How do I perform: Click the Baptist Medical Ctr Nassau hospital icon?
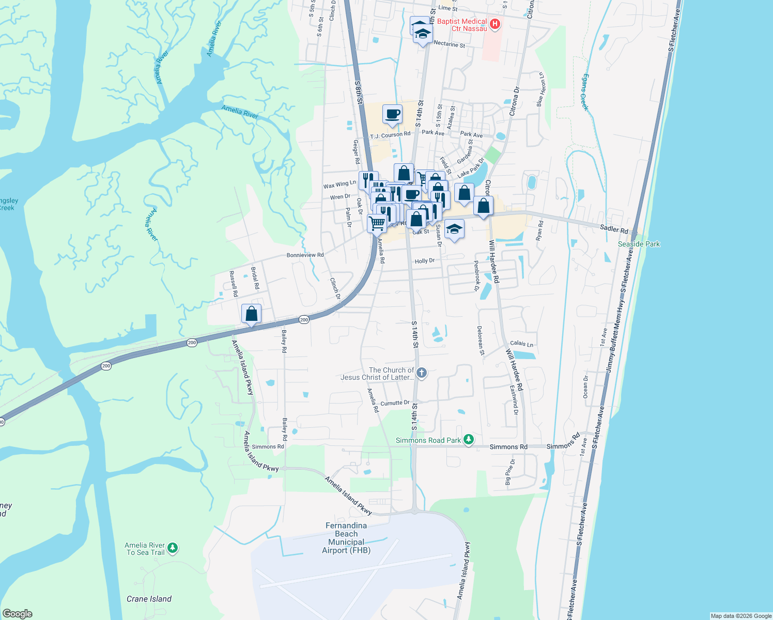[x=494, y=24]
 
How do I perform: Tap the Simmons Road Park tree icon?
[x=469, y=440]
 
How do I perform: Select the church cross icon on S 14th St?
[x=422, y=373]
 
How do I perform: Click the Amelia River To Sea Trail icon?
[x=173, y=547]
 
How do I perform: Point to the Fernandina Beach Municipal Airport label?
[x=346, y=538]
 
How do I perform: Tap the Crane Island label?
[x=149, y=599]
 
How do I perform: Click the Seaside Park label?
[x=639, y=244]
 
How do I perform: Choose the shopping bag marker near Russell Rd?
[x=251, y=314]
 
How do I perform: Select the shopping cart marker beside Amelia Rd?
[x=377, y=224]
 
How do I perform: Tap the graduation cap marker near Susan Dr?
[x=454, y=229]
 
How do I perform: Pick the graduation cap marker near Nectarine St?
[x=423, y=35]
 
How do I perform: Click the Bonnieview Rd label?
[x=305, y=255]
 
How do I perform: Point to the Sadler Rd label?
[x=614, y=228]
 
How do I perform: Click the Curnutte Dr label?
[x=395, y=403]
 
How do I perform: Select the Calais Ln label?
[x=521, y=343]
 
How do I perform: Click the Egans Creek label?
[x=584, y=92]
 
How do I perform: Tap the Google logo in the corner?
[x=18, y=613]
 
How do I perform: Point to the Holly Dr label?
[x=425, y=261]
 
